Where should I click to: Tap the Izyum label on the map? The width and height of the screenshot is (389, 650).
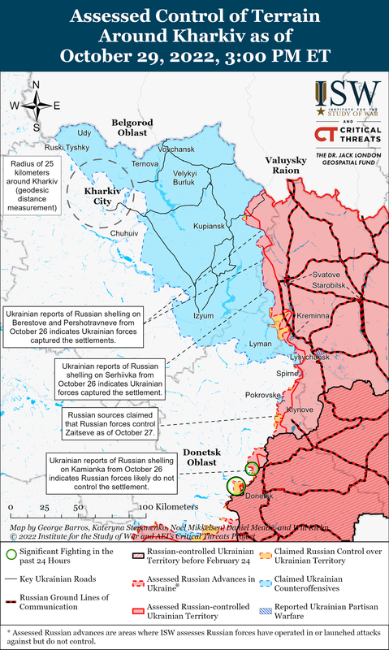(204, 315)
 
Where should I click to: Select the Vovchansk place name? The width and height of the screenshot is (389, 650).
(177, 150)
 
